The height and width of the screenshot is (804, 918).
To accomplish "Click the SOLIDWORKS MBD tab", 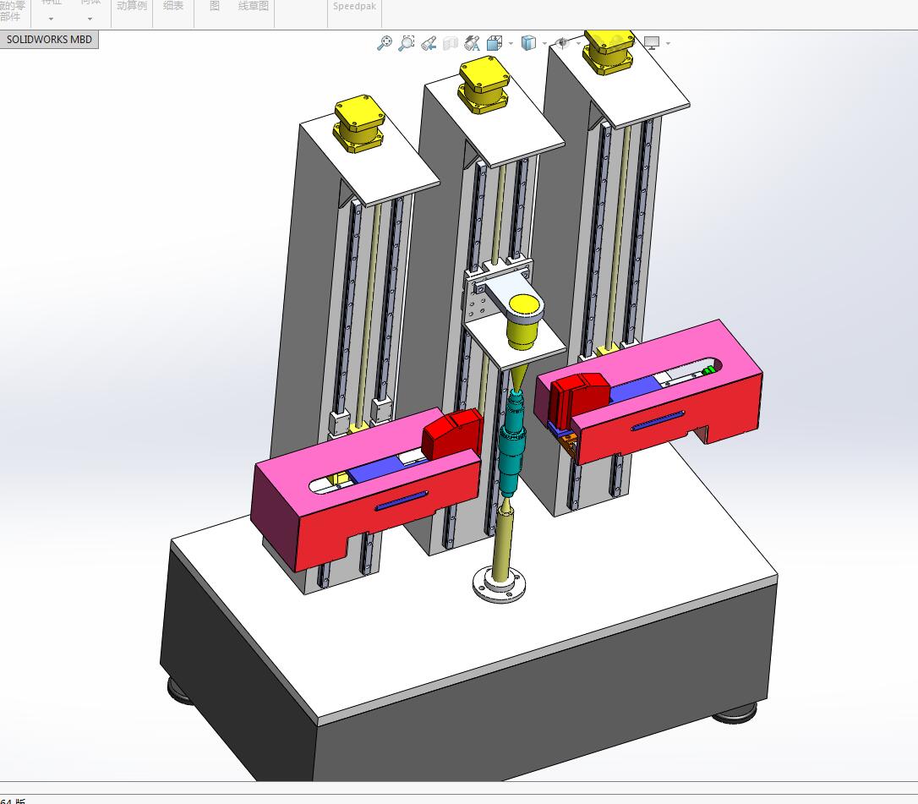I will coord(49,40).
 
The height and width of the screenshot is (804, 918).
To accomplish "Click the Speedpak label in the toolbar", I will coord(354,6).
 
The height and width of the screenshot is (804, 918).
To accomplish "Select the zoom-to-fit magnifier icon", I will coord(385,43).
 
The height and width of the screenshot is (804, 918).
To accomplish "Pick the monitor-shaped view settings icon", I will coord(652,43).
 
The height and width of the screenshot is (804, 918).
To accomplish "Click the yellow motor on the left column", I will coord(359,125).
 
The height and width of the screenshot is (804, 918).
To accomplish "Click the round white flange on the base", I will coord(497,585).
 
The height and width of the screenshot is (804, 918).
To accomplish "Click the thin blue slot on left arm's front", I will coord(402,501).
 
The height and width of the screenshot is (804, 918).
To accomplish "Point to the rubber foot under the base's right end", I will coord(734,716).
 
